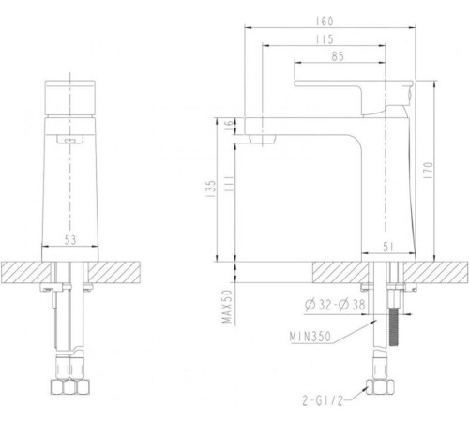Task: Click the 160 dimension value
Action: point(325,22)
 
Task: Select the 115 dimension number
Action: point(325,39)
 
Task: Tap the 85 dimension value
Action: point(338,56)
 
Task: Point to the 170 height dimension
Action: point(429,171)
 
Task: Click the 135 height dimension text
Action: point(212,188)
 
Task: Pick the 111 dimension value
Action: point(229,184)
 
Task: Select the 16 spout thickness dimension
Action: point(230,123)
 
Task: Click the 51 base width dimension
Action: point(388,247)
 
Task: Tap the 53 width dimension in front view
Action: point(70,240)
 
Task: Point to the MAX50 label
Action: point(227,307)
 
